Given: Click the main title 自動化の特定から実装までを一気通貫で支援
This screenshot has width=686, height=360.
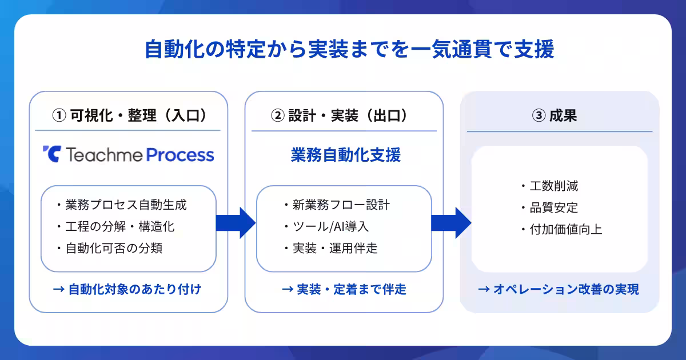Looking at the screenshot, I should (349, 50).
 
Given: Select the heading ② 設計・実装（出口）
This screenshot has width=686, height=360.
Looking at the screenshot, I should (344, 115).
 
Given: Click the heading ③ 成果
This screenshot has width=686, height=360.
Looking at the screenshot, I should (559, 115).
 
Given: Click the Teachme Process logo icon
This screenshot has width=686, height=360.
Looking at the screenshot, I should (51, 154).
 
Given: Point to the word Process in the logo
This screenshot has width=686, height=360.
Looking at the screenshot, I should (180, 155).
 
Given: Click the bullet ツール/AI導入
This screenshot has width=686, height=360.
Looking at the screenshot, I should (326, 226).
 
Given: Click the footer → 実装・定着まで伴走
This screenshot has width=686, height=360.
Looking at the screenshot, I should (344, 289).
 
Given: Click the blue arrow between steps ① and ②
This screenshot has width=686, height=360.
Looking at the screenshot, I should (236, 223).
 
